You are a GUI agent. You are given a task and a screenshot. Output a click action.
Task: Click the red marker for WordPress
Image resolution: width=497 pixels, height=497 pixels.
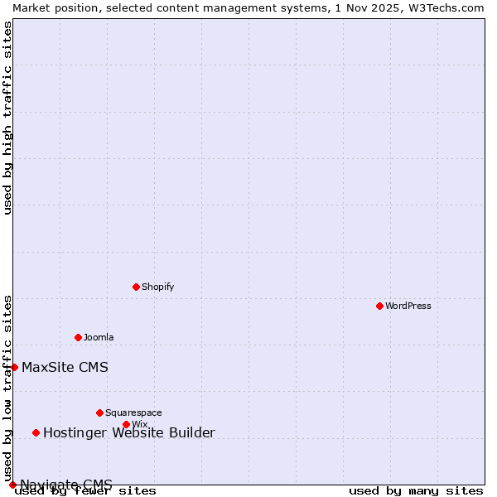pos(379,306)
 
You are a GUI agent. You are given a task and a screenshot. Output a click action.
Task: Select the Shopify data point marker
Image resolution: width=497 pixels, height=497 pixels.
pos(136,287)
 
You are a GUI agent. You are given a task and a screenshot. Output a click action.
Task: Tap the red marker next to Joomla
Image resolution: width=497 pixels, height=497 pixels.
pos(78,337)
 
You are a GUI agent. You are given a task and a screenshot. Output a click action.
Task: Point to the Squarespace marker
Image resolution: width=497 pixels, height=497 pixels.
pos(99,413)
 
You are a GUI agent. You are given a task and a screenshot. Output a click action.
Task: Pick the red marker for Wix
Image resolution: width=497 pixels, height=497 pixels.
pos(126,424)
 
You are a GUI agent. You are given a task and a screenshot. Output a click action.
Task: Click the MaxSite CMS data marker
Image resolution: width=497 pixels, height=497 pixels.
pos(14,367)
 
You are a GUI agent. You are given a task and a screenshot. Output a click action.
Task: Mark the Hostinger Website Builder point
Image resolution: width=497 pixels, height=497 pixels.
pos(36,432)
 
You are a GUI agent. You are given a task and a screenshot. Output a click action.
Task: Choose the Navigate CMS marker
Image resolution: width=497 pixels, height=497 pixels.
pos(12,485)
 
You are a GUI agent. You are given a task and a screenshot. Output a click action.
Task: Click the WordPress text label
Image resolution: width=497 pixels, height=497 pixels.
pos(408,306)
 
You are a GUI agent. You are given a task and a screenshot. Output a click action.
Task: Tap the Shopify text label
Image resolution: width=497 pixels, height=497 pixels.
pos(157,287)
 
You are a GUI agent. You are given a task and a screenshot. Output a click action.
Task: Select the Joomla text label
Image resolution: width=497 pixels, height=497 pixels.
pos(99,337)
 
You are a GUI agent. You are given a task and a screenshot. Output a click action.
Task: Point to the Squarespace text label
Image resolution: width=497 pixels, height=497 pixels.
pos(133,413)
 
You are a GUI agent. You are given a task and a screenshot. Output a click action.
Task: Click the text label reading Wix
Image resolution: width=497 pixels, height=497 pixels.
pos(139,424)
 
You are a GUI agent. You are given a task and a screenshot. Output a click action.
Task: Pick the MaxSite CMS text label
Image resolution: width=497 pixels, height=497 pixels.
pos(65,367)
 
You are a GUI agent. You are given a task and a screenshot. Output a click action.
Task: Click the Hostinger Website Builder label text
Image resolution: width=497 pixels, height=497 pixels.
pos(128,432)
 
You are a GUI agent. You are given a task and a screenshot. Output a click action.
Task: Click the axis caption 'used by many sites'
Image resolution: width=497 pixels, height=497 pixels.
pos(416,491)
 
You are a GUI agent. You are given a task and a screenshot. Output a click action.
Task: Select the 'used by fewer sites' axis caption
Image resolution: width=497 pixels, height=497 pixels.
pos(85,491)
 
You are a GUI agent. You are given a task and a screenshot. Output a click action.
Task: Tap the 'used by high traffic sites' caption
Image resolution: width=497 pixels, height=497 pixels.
pos(7,118)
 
